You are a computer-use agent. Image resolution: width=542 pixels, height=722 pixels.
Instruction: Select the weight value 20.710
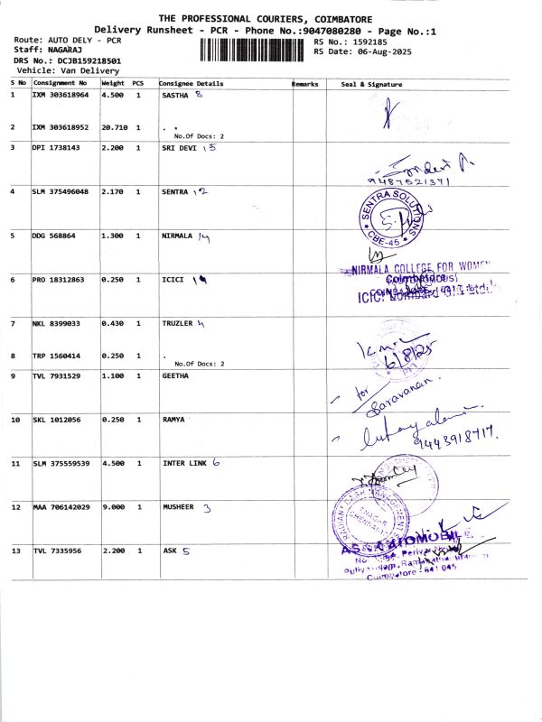coord(113,127)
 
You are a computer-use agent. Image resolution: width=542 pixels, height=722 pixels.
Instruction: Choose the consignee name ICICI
coord(173,280)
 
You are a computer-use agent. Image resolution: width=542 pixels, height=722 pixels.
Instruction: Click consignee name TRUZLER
coord(178,323)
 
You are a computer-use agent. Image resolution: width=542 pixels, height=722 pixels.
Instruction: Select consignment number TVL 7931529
coord(57,375)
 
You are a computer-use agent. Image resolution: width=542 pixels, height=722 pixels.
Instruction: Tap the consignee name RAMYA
coord(174,420)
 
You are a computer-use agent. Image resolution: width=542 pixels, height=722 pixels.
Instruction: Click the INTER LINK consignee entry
coord(184,463)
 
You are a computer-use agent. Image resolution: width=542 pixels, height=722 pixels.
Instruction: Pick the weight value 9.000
coord(113,507)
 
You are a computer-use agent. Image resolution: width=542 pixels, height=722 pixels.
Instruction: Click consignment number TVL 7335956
coord(57,551)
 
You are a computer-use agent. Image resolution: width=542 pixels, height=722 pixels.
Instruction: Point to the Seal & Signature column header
coord(371,84)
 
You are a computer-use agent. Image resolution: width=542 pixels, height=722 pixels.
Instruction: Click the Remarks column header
coord(305,84)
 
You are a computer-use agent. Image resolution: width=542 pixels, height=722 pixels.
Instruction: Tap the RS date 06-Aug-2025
coord(372,51)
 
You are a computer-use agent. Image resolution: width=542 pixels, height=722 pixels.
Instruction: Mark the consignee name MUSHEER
coord(178,507)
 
